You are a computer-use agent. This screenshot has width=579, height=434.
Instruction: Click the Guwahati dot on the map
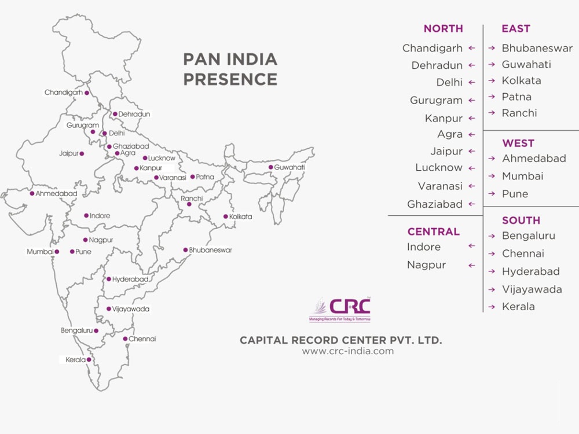click(x=270, y=167)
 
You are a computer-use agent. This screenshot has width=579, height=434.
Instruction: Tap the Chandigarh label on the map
click(x=63, y=93)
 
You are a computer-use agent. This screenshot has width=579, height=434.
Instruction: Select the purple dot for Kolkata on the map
click(x=226, y=216)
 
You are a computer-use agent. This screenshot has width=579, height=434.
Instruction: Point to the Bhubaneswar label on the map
click(x=211, y=250)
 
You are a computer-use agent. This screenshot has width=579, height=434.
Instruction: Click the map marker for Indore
click(x=86, y=216)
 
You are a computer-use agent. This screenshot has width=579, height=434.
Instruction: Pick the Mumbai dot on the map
click(x=57, y=252)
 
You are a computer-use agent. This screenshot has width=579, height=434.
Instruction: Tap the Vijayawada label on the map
click(x=131, y=309)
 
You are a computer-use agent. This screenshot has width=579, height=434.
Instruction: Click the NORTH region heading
click(x=443, y=28)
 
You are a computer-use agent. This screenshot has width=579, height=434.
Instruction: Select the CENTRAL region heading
click(x=433, y=231)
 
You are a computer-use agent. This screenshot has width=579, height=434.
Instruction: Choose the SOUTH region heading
click(x=521, y=220)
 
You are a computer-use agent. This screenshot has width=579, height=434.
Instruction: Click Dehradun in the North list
click(x=437, y=65)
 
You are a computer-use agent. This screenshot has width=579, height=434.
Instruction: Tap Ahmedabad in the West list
click(x=534, y=158)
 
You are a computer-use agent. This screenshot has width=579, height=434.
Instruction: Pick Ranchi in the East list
click(x=519, y=113)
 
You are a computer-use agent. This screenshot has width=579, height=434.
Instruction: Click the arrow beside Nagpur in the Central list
click(x=472, y=266)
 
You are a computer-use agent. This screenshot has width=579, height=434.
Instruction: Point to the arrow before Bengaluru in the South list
click(x=491, y=236)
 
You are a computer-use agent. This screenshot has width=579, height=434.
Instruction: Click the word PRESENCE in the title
click(x=230, y=79)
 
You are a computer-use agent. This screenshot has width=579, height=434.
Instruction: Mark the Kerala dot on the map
click(x=89, y=360)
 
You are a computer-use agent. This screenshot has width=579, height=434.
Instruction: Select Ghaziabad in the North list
click(x=435, y=204)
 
